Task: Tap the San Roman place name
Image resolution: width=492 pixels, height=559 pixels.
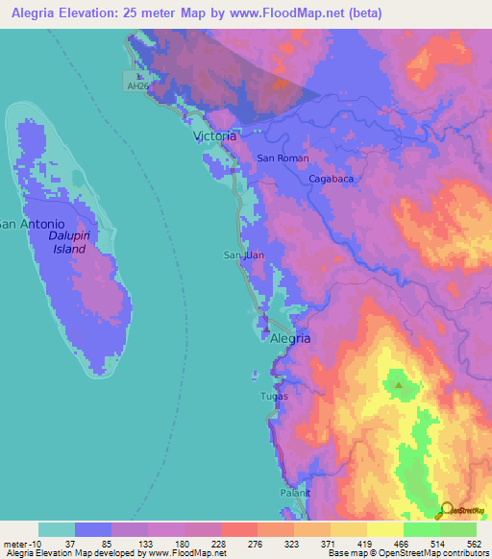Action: (x=281, y=158)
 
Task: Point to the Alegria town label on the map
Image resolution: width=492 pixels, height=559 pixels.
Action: (x=289, y=338)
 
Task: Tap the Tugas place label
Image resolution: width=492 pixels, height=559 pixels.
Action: (x=274, y=396)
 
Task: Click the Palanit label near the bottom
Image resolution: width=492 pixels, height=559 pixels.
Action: (x=296, y=493)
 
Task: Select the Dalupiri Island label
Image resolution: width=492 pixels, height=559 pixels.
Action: (x=69, y=241)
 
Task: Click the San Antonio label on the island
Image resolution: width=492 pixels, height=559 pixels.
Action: (x=32, y=224)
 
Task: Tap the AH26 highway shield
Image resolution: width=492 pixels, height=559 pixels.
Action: (x=137, y=86)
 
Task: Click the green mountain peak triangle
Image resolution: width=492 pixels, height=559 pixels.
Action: (x=398, y=386)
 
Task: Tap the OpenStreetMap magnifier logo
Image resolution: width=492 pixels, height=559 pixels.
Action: (x=447, y=510)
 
